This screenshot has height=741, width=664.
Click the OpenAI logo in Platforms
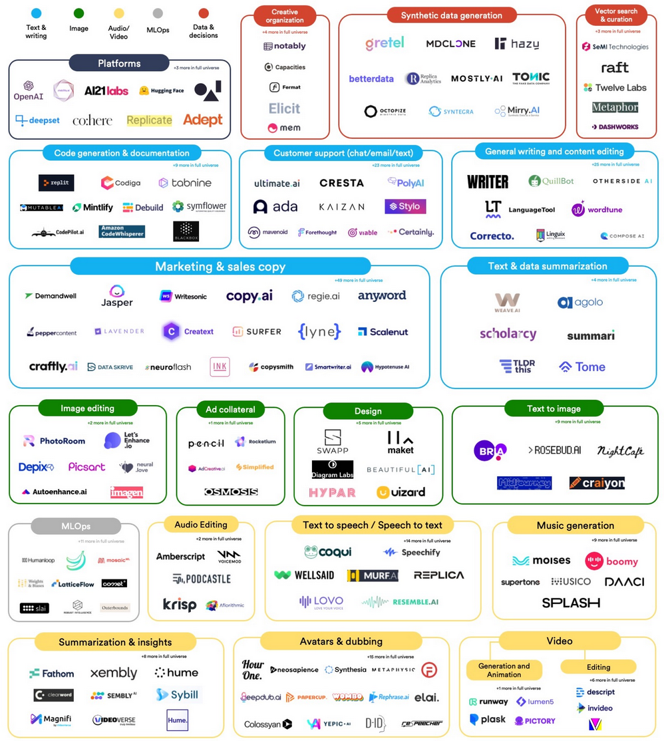click(29, 90)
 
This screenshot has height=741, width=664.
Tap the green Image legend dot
click(79, 13)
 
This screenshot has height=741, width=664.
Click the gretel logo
click(385, 43)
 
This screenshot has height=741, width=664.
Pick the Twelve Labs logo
click(615, 88)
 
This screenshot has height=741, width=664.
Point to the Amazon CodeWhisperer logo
click(122, 231)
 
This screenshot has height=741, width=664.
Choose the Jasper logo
click(117, 296)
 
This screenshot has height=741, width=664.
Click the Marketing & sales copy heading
click(220, 267)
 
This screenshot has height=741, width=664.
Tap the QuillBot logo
click(551, 181)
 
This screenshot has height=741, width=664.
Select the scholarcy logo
click(508, 334)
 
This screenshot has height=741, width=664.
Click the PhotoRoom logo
click(55, 440)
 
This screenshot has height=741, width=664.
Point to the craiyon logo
click(597, 483)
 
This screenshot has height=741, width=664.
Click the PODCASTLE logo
click(202, 579)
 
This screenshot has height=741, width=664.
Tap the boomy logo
click(611, 561)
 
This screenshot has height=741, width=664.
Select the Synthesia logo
click(345, 670)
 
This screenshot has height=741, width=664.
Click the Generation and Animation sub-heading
click(504, 670)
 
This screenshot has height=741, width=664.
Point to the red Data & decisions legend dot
click(204, 13)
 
